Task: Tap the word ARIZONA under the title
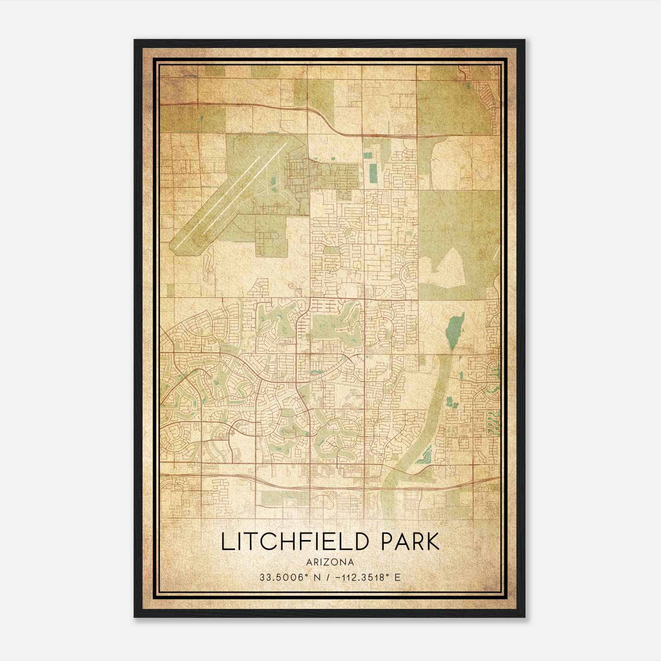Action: pos(330,562)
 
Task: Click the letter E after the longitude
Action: pos(397,578)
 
